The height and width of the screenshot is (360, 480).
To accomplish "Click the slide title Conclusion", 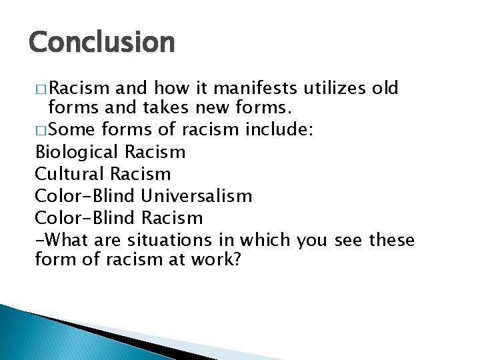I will (101, 42).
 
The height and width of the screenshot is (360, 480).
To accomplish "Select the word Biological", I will (73, 153).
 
